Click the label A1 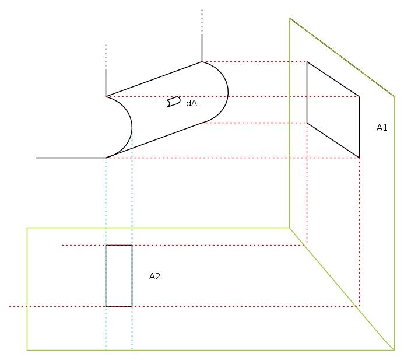click(x=382, y=128)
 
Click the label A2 click(x=154, y=277)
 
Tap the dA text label click(x=191, y=103)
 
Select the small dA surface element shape click(x=173, y=102)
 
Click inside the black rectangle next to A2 click(x=119, y=276)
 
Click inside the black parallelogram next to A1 click(x=333, y=110)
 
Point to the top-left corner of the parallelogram click(x=307, y=62)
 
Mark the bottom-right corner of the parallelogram click(x=360, y=158)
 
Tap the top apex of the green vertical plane click(x=290, y=18)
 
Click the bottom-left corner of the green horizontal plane click(x=27, y=350)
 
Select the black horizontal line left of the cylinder click(x=71, y=158)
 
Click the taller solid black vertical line click(x=202, y=48)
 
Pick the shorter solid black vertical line click(x=106, y=83)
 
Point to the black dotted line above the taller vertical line click(x=202, y=22)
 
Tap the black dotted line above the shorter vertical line click(x=106, y=57)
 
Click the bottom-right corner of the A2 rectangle click(x=132, y=307)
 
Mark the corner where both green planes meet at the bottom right click(x=394, y=350)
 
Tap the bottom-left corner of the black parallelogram click(x=307, y=123)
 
